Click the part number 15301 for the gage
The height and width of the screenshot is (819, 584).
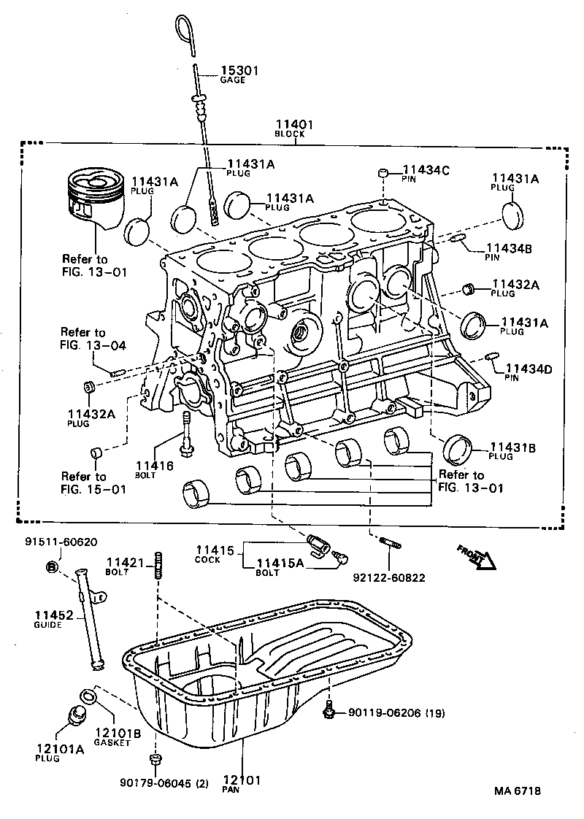point(239,71)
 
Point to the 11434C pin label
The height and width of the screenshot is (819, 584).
point(426,170)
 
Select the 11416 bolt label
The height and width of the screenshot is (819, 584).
point(154,465)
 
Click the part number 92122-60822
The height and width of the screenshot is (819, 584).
point(388,577)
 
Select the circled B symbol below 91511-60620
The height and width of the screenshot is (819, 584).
point(52,566)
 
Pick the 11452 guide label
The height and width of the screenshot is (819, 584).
point(54,616)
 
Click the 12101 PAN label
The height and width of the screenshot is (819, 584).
point(242,780)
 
